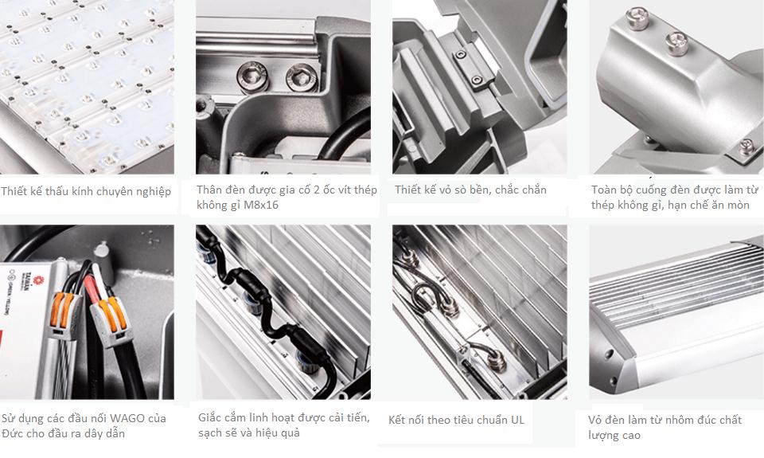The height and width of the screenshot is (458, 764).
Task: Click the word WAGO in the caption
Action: (127, 418)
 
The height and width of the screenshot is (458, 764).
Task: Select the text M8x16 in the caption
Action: (261, 205)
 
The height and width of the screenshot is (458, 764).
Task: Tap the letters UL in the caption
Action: (517, 420)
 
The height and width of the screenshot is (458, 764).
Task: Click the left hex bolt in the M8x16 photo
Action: (252, 77)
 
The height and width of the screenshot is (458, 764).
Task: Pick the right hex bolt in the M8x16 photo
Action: (302, 77)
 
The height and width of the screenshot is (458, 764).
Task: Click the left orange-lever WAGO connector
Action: (64, 315)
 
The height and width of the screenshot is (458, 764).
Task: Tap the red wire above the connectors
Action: (92, 289)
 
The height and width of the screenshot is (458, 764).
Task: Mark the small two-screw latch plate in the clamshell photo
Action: (469, 68)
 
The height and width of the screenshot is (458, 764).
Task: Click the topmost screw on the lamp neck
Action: (637, 18)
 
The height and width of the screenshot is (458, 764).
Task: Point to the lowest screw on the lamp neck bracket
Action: (746, 146)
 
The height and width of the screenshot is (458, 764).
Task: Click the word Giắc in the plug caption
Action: (209, 418)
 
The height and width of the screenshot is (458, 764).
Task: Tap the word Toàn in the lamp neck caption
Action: (604, 190)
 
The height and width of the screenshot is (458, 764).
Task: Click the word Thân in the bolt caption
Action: (209, 190)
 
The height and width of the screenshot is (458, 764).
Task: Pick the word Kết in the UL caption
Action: (398, 420)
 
